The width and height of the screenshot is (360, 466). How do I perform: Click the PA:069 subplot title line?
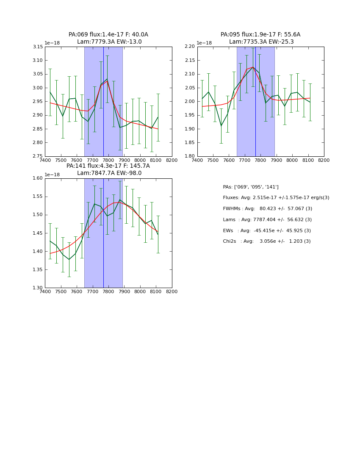point(108,35)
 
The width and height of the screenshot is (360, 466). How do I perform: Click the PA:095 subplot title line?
point(260,35)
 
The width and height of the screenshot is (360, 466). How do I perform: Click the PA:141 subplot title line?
point(108,166)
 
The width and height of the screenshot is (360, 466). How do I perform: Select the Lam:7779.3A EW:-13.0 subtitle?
point(109,42)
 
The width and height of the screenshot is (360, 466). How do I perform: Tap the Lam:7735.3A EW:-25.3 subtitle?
point(261,42)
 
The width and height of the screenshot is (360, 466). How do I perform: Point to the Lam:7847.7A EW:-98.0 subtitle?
point(109,173)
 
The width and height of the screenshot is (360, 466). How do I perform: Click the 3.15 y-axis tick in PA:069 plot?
point(38,47)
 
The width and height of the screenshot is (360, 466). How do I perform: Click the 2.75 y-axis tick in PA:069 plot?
point(38,156)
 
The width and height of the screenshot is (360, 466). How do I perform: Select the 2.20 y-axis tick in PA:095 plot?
point(190,47)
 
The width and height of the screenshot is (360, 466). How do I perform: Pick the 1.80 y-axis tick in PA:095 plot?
point(190,156)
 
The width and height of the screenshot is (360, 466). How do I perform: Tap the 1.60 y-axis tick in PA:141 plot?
point(38,178)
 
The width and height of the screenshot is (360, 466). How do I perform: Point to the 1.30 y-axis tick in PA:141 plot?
point(38,288)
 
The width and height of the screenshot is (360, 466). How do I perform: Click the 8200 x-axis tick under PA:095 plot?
point(324,160)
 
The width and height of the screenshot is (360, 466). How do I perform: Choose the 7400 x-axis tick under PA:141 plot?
point(45,291)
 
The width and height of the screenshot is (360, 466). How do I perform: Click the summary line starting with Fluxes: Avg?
point(276,198)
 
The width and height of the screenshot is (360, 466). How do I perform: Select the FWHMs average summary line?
point(267,209)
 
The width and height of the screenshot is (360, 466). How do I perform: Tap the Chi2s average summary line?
point(266,241)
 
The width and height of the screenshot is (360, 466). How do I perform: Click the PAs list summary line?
point(251,187)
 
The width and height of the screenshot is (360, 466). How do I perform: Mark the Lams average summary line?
point(267,220)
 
